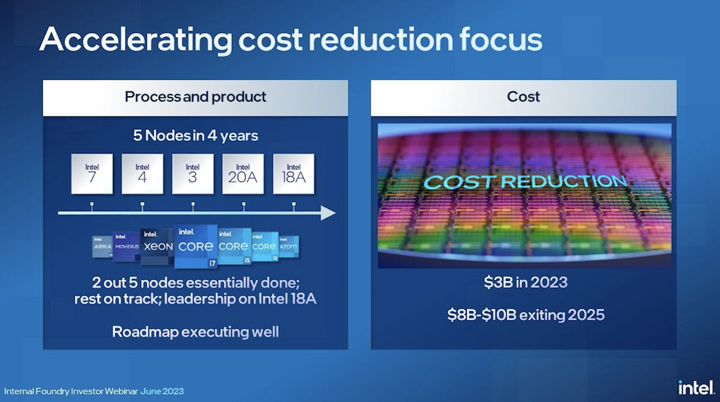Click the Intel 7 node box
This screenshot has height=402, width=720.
pyautogui.click(x=92, y=174)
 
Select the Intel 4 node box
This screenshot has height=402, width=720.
pyautogui.click(x=142, y=174)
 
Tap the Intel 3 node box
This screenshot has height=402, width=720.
pyautogui.click(x=193, y=174)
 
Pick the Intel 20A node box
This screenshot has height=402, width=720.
pyautogui.click(x=243, y=174)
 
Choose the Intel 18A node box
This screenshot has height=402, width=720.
pyautogui.click(x=293, y=174)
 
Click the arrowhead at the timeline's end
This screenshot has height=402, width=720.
pyautogui.click(x=328, y=213)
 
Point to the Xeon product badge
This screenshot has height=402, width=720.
pyautogui.click(x=157, y=247)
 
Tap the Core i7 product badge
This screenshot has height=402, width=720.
pyautogui.click(x=195, y=247)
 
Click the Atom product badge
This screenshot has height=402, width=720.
pyautogui.click(x=288, y=247)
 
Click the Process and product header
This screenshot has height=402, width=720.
pyautogui.click(x=196, y=97)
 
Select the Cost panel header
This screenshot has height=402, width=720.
pyautogui.click(x=523, y=97)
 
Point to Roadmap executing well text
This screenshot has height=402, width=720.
pyautogui.click(x=196, y=331)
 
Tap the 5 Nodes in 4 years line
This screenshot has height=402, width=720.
pyautogui.click(x=196, y=135)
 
